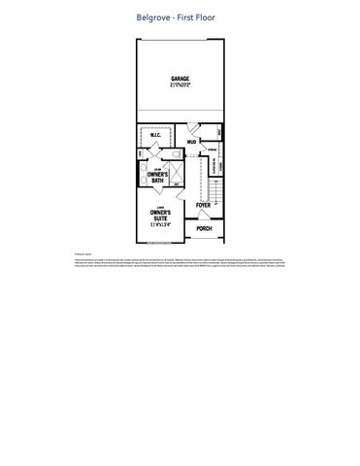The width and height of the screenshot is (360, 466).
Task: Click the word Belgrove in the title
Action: pyautogui.click(x=157, y=17)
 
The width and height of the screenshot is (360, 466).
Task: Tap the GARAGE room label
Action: pyautogui.click(x=180, y=79)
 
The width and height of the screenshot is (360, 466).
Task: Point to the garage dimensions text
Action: pyautogui.click(x=180, y=85)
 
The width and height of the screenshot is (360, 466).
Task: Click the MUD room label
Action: pyautogui.click(x=191, y=142)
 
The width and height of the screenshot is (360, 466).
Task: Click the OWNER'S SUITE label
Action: pyautogui.click(x=161, y=214)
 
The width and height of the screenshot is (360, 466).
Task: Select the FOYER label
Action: pyautogui.click(x=203, y=206)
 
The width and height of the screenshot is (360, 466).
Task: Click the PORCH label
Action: pyautogui.click(x=204, y=229)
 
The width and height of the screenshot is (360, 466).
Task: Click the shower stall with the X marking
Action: pyautogui.click(x=160, y=154)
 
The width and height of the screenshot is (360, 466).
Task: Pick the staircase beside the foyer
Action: pyautogui.click(x=205, y=175)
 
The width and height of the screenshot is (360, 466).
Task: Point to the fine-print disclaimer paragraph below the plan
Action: pyautogui.click(x=180, y=265)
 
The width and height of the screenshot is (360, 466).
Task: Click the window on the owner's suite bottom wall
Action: pyautogui.click(x=160, y=243)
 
